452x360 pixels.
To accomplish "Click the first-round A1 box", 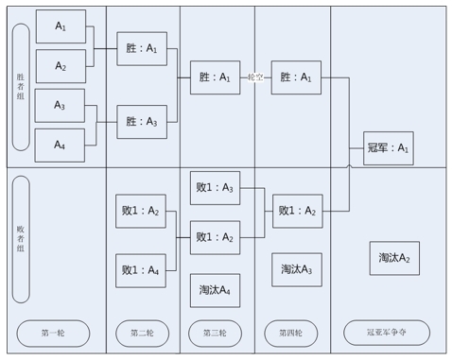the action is [61, 26].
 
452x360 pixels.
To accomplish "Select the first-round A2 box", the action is [61, 66].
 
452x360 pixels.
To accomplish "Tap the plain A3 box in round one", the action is [60, 106].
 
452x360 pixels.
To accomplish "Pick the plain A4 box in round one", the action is [60, 146].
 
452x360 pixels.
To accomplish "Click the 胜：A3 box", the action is [142, 122].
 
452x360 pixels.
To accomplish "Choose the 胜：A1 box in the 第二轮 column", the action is [142, 49].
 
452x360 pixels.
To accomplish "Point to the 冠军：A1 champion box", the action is [389, 148].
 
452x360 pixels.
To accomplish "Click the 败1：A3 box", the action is [215, 188].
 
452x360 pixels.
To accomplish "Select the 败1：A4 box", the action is [141, 270].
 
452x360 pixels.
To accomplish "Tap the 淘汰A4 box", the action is [215, 290].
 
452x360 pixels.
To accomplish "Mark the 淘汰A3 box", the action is [297, 269].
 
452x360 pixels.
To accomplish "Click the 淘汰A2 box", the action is [394, 258].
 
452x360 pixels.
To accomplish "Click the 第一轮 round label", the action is [53, 333].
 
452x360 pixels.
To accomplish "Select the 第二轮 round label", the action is [143, 333].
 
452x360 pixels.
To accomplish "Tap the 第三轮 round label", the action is [215, 333].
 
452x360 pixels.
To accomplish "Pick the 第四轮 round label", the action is [291, 333].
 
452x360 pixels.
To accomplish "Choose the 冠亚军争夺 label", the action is [387, 333].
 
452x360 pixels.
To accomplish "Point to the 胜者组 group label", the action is [21, 87].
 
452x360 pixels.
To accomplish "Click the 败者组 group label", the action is [21, 239].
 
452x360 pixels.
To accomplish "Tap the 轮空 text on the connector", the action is [255, 77].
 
